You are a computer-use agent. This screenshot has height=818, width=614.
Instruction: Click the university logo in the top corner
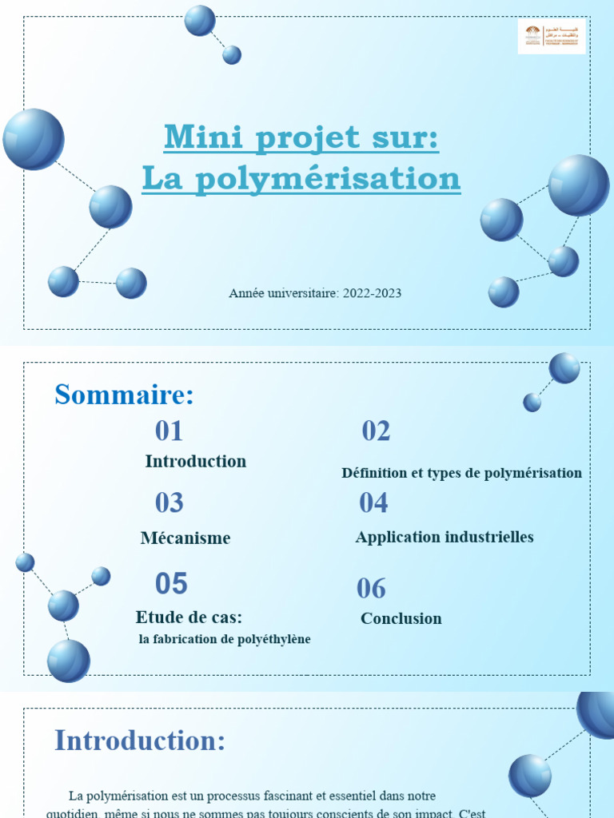(x=552, y=36)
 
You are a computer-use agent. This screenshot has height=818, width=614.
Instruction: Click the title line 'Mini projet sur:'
(x=301, y=137)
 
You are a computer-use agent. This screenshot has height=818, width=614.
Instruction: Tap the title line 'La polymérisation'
(x=301, y=178)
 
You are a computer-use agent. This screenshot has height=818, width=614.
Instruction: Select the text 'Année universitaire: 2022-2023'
(x=315, y=293)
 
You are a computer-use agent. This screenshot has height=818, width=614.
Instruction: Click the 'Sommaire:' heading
(x=124, y=395)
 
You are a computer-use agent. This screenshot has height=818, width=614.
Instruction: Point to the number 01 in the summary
(x=169, y=431)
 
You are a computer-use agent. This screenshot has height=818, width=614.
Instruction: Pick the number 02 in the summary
(x=376, y=431)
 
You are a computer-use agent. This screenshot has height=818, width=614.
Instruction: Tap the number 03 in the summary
(x=169, y=502)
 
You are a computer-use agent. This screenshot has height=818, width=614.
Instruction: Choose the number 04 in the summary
(x=373, y=502)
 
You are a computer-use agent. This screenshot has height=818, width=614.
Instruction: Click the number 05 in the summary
(x=171, y=584)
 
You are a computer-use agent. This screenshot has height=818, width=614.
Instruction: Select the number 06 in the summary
(x=371, y=589)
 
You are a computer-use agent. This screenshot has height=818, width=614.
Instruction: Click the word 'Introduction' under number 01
(x=196, y=462)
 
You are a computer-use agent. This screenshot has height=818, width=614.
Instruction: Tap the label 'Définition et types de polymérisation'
(x=461, y=473)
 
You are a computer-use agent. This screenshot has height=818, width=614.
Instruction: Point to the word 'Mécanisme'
(x=185, y=538)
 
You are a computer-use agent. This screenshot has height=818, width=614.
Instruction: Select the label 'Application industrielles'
(x=445, y=537)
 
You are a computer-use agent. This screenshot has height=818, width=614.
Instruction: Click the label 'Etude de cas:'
(x=189, y=617)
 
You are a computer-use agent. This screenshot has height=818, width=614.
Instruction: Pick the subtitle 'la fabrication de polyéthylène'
(x=225, y=639)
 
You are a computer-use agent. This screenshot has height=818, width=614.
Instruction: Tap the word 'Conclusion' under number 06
(x=401, y=618)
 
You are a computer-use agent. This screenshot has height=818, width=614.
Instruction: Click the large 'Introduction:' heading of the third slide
(x=140, y=741)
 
